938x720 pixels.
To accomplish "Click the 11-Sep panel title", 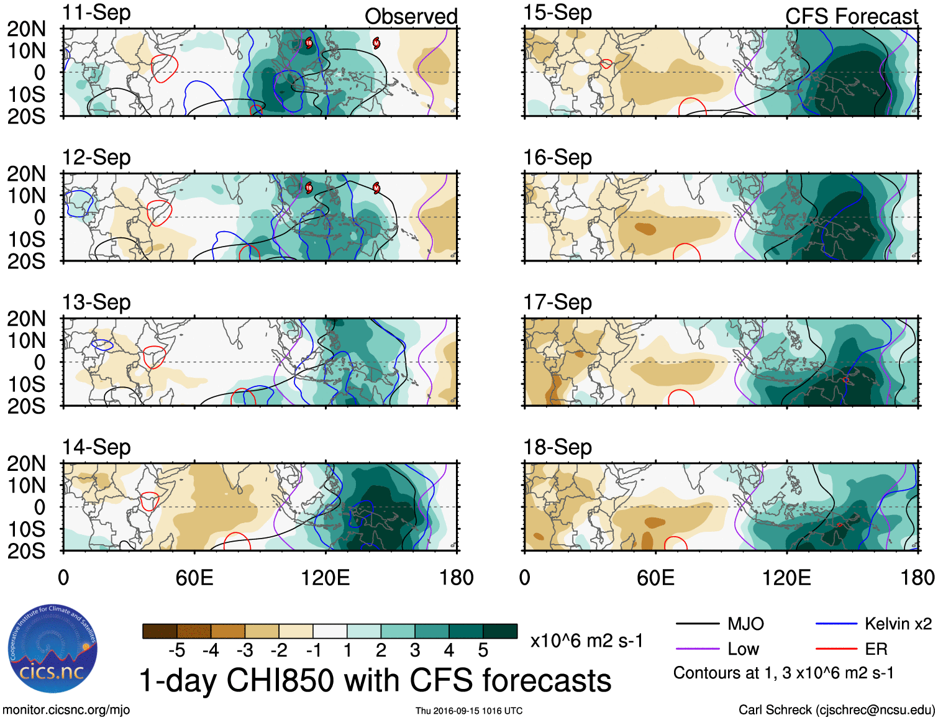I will coord(96,12).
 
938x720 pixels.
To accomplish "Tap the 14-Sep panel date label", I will coord(96,447).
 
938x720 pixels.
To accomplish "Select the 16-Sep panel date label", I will coord(557,157).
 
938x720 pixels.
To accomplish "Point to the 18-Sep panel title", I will coord(557,447).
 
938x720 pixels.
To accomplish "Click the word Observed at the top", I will coord(411,16).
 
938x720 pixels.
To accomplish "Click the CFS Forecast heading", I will coord(851,16).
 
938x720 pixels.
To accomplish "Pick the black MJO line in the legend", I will coord(697,624).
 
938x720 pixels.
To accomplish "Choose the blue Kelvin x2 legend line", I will coord(836,624).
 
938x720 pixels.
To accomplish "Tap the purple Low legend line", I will coord(697,649).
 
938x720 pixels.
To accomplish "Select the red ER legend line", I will coord(836,649).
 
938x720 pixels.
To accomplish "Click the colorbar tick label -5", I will coord(176,650).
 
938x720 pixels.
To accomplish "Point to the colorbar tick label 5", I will coord(483,650).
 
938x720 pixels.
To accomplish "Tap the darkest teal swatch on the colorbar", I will coord(500,631).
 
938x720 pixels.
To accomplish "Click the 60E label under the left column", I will coord(194,578).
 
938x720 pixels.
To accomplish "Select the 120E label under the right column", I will coord(786,578).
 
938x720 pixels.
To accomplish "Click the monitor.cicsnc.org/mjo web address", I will coord(66,709).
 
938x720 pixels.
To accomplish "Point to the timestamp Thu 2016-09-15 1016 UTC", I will coord(469,711).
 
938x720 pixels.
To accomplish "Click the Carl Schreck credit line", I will coord(836,709).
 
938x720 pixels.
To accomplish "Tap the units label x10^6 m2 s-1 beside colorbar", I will coord(586,640).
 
